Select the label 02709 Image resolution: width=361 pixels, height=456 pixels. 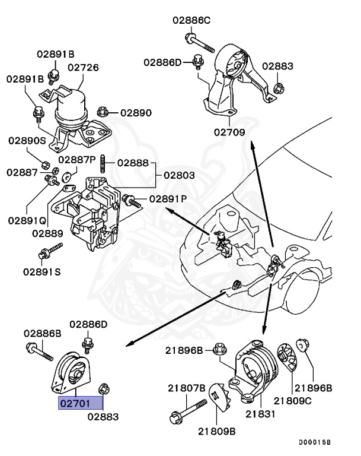[x=228, y=132]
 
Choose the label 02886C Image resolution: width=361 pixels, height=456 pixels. [x=192, y=20]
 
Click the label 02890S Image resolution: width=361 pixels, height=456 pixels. [x=27, y=141]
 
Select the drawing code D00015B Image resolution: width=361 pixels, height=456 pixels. [x=315, y=442]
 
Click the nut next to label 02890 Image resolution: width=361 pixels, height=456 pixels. [x=103, y=110]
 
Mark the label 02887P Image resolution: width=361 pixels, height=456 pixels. [x=77, y=160]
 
